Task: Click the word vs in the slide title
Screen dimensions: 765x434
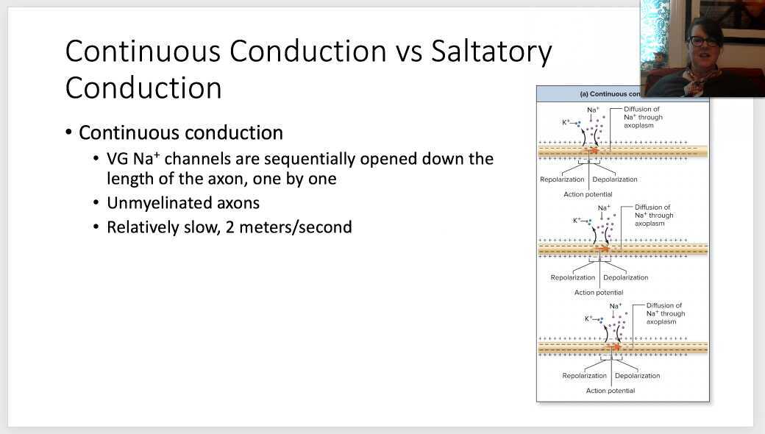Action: tap(409, 51)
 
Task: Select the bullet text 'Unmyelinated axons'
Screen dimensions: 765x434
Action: tap(183, 203)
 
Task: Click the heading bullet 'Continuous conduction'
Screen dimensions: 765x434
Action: tap(180, 132)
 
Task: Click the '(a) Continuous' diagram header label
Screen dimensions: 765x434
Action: tap(610, 93)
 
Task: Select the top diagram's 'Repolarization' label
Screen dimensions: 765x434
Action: tap(562, 179)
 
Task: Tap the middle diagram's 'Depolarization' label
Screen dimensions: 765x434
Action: tap(625, 277)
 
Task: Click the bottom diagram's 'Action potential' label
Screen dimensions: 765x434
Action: tap(611, 391)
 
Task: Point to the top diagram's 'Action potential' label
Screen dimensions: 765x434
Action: tap(588, 194)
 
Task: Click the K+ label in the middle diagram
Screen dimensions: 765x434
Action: tap(577, 220)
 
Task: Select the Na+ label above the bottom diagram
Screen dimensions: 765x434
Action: tap(616, 306)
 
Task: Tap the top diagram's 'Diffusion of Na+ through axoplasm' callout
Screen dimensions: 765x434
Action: tap(643, 117)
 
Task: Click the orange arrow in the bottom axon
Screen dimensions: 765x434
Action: tap(615, 347)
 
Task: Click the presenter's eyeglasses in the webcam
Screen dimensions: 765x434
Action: tap(703, 41)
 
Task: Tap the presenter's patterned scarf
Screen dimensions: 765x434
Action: tap(702, 78)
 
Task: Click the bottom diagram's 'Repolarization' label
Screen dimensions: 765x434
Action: tap(585, 375)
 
